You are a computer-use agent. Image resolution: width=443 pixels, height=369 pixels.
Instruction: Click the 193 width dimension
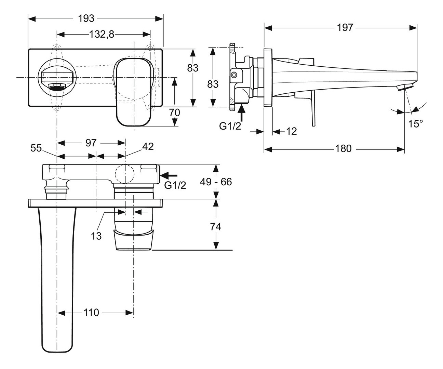tap(86, 18)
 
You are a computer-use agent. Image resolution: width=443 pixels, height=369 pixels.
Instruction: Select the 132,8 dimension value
tap(102, 34)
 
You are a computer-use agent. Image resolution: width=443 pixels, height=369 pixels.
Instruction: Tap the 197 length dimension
tap(345, 28)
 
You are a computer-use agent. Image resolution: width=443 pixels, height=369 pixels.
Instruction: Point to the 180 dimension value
tap(343, 148)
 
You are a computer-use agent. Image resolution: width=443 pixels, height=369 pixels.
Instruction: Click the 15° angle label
tap(416, 124)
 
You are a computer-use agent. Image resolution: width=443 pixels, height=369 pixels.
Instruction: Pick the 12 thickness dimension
tap(291, 131)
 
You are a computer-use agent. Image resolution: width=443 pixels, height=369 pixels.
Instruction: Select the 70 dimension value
tap(174, 112)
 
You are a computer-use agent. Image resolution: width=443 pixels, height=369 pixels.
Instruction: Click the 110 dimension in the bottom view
tap(91, 312)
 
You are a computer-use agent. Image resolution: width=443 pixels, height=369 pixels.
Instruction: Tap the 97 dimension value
tap(91, 143)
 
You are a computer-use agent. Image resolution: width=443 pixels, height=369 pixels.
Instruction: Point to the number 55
tap(36, 148)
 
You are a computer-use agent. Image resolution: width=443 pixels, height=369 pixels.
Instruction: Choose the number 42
tap(148, 146)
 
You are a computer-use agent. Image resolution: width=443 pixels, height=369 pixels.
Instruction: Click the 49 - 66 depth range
tap(216, 182)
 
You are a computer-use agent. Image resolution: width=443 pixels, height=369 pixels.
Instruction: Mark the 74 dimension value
tap(216, 226)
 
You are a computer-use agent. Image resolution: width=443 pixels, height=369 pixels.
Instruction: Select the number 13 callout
tap(96, 236)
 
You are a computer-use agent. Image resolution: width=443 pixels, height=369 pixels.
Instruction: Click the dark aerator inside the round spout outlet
tap(57, 86)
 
